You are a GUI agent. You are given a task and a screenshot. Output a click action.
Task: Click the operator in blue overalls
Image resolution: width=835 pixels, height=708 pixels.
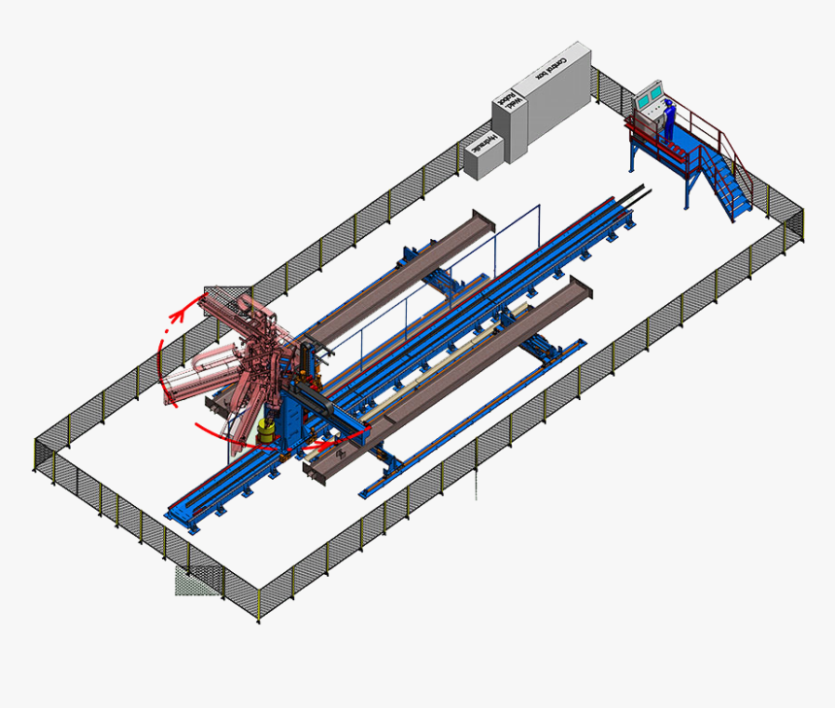click(x=669, y=120)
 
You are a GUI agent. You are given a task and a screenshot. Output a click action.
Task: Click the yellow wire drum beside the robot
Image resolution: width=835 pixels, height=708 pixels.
click(x=266, y=432)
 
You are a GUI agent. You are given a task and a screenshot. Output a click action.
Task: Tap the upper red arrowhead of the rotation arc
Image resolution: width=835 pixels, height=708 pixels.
click(x=177, y=314)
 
